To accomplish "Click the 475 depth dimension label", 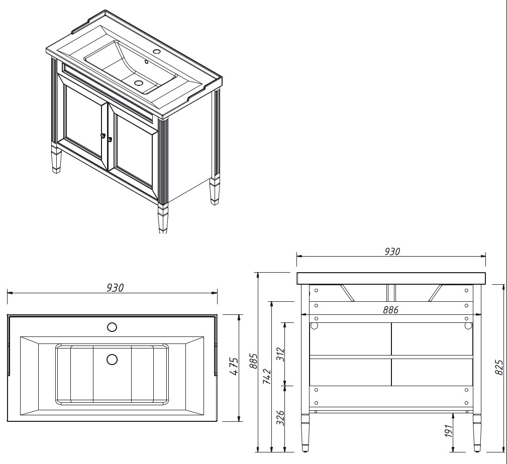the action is tap(234, 367).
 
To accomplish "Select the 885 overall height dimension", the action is tap(254, 361).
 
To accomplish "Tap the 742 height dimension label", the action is tap(267, 376).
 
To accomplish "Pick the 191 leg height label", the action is tap(448, 431).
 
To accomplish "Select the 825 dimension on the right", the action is tap(499, 368).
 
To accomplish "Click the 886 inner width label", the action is tap(390, 310).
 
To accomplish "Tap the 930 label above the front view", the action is tap(392, 252).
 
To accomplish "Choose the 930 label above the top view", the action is tap(115, 288).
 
